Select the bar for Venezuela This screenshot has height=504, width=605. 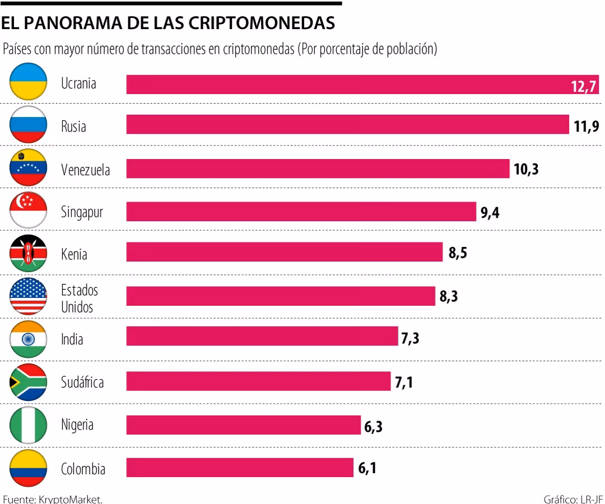318,169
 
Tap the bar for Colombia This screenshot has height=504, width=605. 240,468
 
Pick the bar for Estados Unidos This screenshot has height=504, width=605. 281,296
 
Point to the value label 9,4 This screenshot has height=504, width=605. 490,213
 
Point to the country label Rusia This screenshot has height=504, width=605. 73,127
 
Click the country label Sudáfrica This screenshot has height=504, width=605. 82,382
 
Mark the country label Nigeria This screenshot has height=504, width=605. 77,425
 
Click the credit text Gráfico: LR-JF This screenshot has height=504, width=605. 574,498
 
